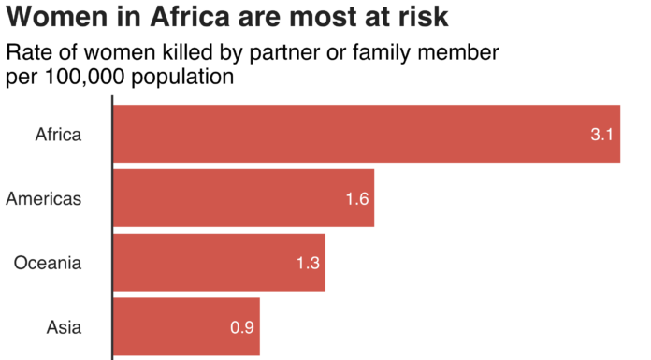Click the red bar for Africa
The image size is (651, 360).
tap(365, 134)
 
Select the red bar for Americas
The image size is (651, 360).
tap(243, 198)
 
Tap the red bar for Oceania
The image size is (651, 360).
tap(219, 263)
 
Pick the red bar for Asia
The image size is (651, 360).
tap(186, 327)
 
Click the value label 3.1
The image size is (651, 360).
tap(600, 135)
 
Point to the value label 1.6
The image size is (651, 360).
tap(357, 199)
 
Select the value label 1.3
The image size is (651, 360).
tap(309, 264)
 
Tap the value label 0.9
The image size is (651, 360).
tap(242, 328)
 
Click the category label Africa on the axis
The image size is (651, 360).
tap(58, 135)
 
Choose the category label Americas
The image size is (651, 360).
tap(43, 199)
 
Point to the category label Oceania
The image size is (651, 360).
tap(48, 264)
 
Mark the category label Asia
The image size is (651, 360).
tap(64, 328)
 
